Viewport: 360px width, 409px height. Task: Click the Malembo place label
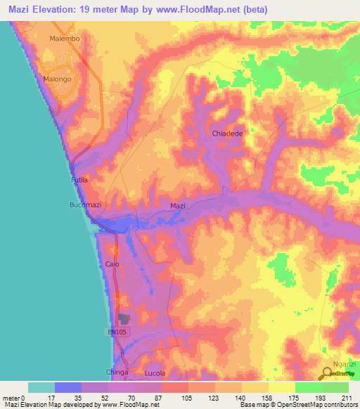pyautogui.click(x=64, y=39)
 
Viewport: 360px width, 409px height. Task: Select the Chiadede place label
pyautogui.click(x=227, y=133)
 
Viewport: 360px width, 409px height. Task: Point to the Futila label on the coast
pyautogui.click(x=79, y=181)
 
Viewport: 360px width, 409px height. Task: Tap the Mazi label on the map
pyautogui.click(x=178, y=206)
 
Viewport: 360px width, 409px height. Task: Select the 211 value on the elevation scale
pyautogui.click(x=344, y=398)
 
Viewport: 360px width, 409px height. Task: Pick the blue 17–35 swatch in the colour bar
pyautogui.click(x=68, y=387)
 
